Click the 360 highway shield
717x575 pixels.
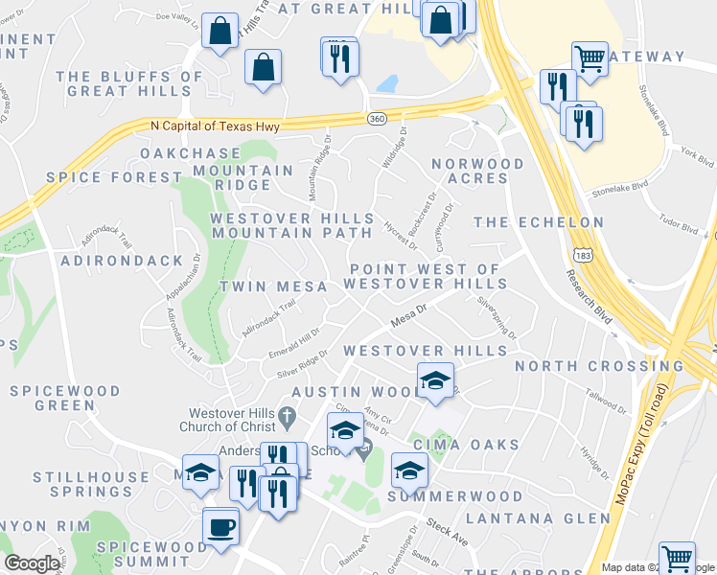click(x=377, y=117)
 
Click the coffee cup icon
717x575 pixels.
click(x=220, y=527)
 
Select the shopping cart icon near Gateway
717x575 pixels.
click(x=590, y=58)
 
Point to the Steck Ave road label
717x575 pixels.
click(x=449, y=535)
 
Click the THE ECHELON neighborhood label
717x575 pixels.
click(x=539, y=222)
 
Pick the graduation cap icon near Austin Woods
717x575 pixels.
click(x=435, y=380)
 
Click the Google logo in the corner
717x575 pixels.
click(x=32, y=563)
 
